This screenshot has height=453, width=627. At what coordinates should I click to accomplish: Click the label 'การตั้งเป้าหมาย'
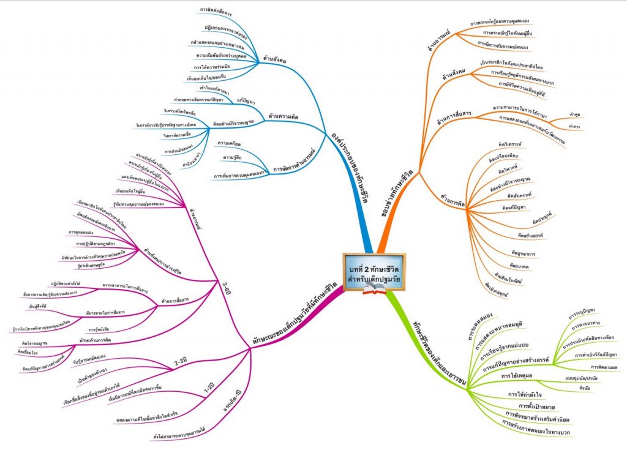pos(540,405)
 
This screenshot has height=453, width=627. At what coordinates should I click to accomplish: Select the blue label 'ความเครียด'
pos(230,144)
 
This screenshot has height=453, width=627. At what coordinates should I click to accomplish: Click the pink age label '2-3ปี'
pos(181,362)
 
